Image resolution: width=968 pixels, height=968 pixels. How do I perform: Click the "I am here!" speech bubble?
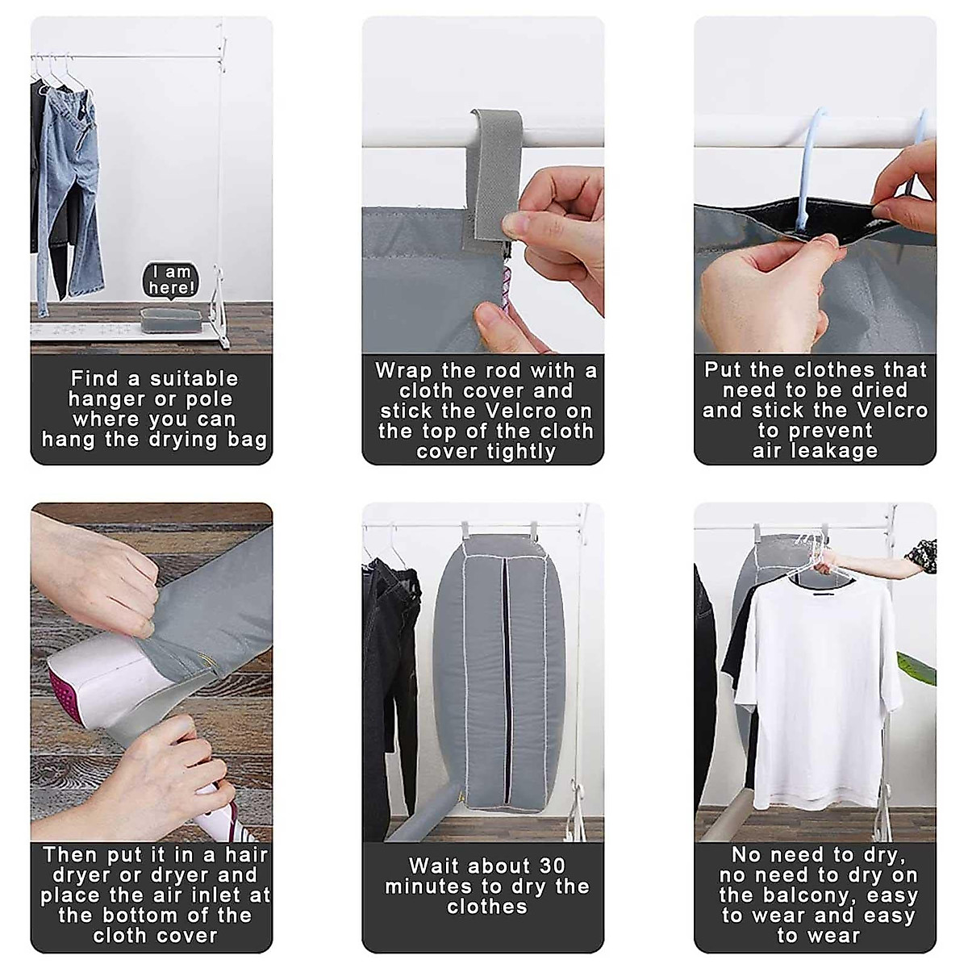coord(171,279)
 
